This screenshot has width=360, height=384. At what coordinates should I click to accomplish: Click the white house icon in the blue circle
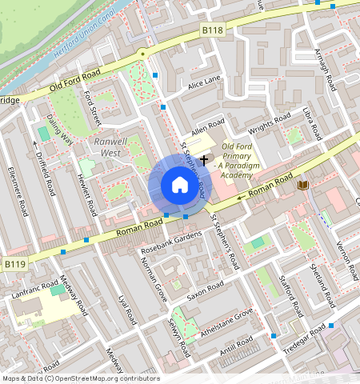coord(179,186)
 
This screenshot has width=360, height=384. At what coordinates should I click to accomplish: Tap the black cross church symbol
coord(205,160)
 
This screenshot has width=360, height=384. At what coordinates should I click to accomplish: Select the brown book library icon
coord(302,186)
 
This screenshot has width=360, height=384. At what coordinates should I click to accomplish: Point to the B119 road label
coord(14,263)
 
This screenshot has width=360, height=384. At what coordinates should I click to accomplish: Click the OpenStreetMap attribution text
coord(81,378)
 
